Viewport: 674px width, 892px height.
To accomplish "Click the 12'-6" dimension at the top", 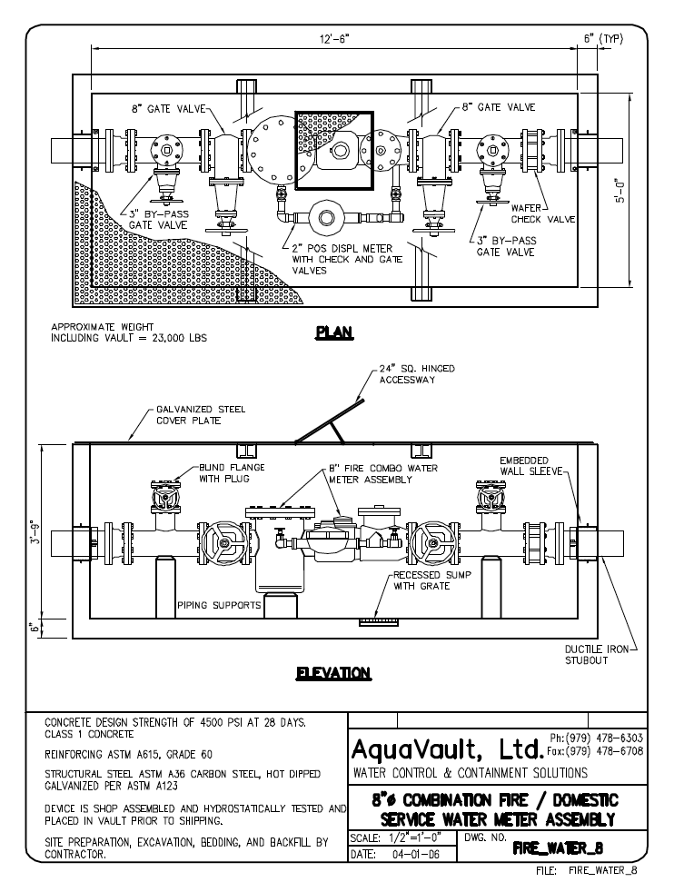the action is point(334,39).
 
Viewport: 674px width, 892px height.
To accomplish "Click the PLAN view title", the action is point(334,332).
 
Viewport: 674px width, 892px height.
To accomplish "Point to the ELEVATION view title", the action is point(334,674).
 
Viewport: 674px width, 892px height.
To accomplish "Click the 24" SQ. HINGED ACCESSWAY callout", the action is point(417,373).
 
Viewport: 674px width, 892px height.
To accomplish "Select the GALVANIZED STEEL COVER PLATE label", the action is point(201,415).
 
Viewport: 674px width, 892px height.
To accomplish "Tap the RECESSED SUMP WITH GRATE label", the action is point(432,580).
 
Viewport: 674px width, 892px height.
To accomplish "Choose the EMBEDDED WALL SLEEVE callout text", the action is point(531,466).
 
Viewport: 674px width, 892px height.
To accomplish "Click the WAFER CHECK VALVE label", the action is point(542,213).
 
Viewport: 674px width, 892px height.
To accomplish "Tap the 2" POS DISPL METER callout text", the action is point(347,260).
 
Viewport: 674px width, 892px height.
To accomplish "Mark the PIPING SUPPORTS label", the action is point(219,605).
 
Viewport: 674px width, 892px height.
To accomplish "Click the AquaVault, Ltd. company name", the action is point(447,749).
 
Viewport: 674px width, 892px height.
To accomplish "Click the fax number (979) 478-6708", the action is point(604,751).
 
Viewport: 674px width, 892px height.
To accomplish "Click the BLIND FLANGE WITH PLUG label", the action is point(232,472).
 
